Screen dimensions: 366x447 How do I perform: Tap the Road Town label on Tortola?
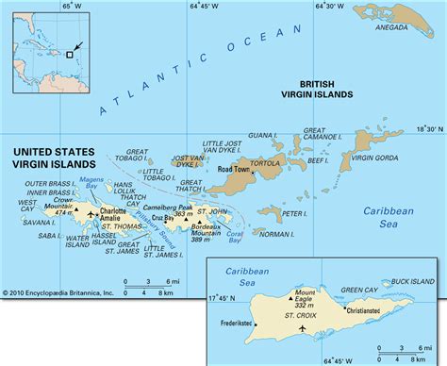point(234,170)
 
